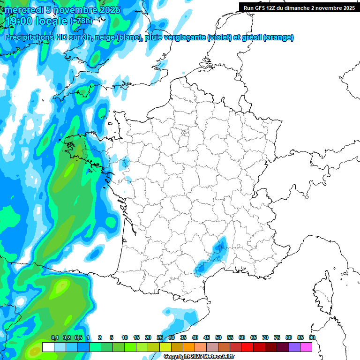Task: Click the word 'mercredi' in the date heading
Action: (x=23, y=10)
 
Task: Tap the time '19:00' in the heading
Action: (x=19, y=21)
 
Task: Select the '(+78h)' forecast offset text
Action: (x=81, y=21)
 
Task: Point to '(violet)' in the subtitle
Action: (x=219, y=37)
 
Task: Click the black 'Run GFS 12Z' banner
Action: (x=299, y=7)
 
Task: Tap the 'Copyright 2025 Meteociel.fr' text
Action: (x=199, y=357)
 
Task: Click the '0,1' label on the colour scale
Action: (x=54, y=338)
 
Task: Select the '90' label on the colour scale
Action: (x=312, y=338)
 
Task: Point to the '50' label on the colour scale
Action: (x=218, y=338)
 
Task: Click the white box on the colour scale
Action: (x=48, y=347)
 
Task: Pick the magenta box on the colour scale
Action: (x=306, y=347)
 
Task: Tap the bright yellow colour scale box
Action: (x=165, y=347)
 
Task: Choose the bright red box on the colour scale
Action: (x=247, y=347)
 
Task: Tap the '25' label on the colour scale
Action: (x=160, y=338)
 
